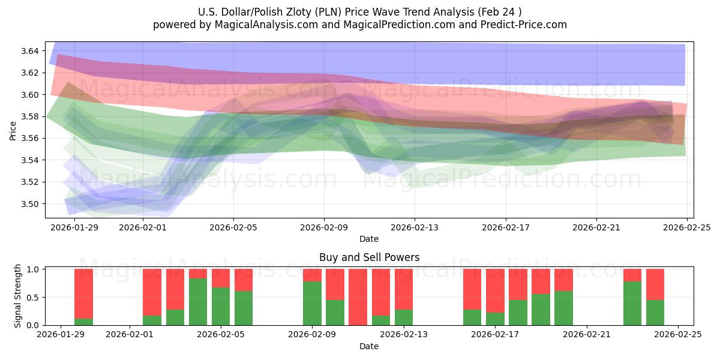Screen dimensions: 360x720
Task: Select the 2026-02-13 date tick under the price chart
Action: tap(415, 228)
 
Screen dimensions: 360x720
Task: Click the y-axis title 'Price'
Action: tap(13, 130)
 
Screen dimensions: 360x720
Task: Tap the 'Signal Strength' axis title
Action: tap(18, 296)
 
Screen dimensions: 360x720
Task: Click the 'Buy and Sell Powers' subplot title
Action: tap(369, 257)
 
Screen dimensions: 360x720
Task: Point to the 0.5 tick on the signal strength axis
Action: tap(34, 297)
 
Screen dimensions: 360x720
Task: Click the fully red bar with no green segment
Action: tap(358, 297)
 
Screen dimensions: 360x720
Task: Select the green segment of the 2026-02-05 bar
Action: tap(221, 307)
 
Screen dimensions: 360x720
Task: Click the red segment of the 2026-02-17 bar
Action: tap(495, 290)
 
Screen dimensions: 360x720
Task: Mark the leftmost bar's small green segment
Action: tap(83, 322)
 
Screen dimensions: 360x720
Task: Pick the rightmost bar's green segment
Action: tap(655, 312)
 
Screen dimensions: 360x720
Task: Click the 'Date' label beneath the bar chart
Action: tap(369, 346)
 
